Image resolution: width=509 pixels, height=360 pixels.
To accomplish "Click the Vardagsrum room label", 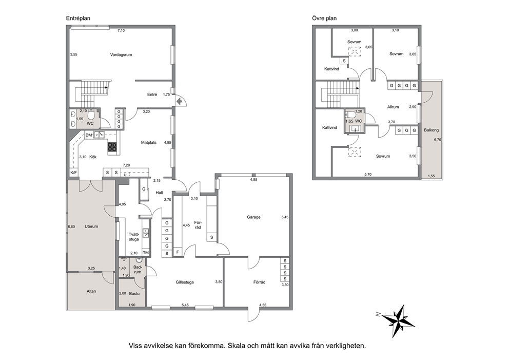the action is point(121,54).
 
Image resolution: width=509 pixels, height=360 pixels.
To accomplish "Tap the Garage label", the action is point(253,217).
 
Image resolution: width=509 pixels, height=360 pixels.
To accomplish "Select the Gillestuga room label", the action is point(185,282).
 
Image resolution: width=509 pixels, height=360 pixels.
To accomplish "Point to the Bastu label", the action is point(134,293).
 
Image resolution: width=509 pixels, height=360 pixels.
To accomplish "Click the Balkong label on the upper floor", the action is point(431,130).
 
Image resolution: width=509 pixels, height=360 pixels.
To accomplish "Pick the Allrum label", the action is point(393,107).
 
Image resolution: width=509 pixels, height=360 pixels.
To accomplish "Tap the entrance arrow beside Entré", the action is point(178,101).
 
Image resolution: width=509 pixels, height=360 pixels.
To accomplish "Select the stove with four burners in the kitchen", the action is point(112,147).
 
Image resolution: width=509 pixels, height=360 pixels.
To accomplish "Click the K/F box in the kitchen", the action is point(74,173).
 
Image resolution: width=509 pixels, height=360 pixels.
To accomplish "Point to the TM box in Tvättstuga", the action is point(146,253).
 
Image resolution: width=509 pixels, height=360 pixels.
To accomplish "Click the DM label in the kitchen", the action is point(89,135).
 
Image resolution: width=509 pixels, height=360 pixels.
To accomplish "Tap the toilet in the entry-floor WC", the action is point(91,115).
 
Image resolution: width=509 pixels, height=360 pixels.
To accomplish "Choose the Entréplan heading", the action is point(78,18).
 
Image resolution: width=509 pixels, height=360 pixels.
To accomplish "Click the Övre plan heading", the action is point(324,18).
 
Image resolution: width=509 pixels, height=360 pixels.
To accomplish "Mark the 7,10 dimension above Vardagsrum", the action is point(121,30).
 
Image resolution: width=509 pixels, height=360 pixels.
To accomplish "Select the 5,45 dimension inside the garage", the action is point(285,217).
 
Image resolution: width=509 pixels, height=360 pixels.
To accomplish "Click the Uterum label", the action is point(91,226).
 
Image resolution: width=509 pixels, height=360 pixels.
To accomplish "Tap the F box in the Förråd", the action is point(178,252).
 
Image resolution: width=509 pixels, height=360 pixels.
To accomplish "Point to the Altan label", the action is point(91,291).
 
